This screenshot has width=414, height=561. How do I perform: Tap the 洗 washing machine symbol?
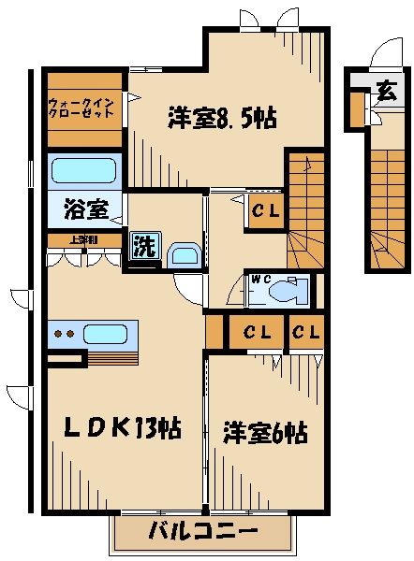[143, 248]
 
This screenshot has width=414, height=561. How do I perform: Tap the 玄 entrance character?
[385, 92]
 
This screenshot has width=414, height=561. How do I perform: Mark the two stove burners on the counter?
[64, 334]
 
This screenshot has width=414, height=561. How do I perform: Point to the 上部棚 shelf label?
[83, 239]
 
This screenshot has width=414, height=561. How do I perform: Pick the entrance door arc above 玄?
[381, 56]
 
